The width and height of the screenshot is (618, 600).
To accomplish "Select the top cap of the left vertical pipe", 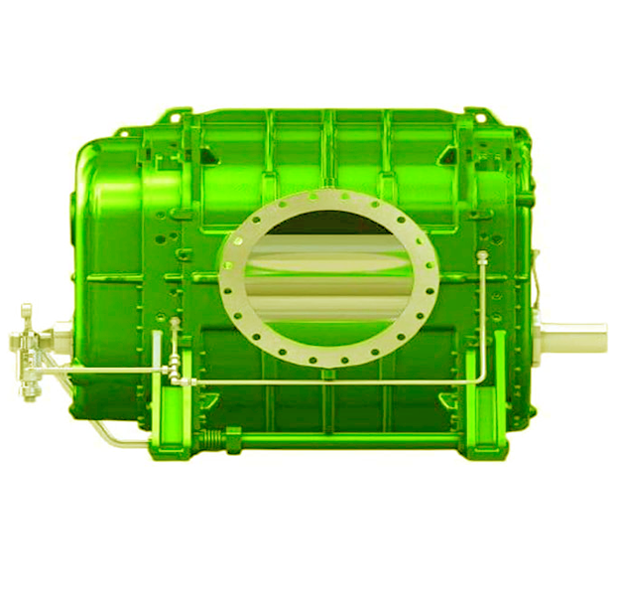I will [175, 323].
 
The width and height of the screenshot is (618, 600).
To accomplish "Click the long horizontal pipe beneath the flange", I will [327, 382].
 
